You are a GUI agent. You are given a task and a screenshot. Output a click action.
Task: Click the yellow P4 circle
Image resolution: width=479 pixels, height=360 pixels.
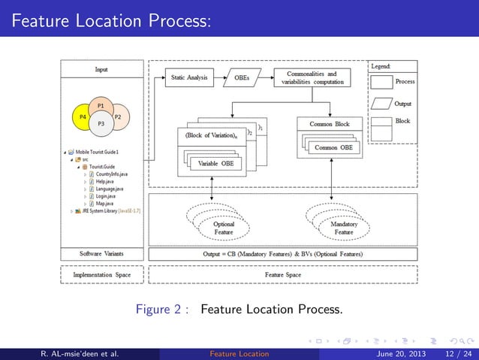click(x=83, y=117)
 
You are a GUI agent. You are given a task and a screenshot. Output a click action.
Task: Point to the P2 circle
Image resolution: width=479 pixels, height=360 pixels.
click(x=119, y=117)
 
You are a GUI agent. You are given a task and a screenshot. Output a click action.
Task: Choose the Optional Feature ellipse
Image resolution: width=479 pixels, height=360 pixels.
click(x=224, y=228)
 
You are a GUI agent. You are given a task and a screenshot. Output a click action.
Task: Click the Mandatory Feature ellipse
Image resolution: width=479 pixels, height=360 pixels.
click(x=343, y=228)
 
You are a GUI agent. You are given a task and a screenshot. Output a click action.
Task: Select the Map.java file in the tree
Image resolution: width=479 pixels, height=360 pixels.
click(x=104, y=203)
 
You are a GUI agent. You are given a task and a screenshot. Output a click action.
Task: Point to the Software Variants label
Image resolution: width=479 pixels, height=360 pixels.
click(x=101, y=253)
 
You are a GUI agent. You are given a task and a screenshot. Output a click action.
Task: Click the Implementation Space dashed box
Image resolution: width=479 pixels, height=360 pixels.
click(x=101, y=275)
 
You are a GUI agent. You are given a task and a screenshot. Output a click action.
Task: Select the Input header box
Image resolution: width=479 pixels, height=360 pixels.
click(x=101, y=69)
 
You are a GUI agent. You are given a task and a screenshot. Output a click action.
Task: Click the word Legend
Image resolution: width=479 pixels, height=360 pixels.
click(x=380, y=67)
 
